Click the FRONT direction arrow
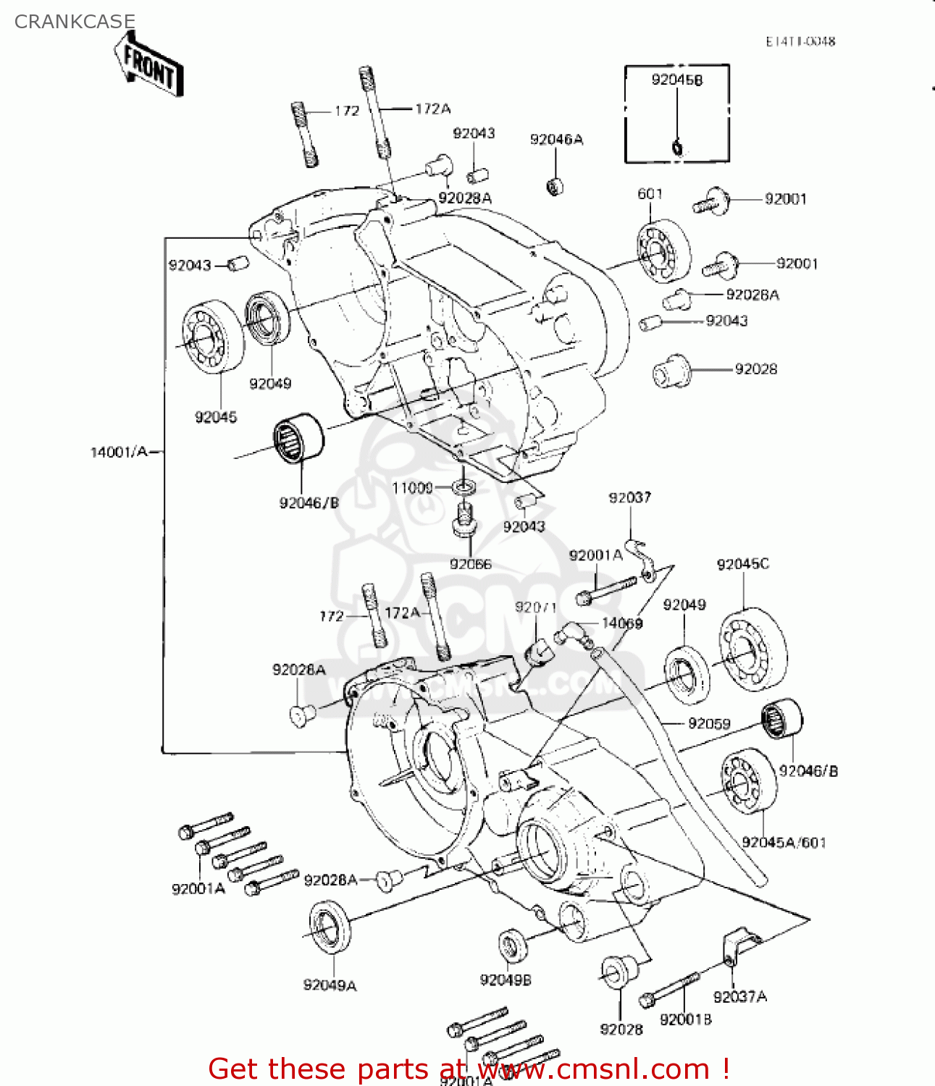point(148,67)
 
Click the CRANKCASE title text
point(75,22)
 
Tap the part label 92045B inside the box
point(676,80)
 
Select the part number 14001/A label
point(118,452)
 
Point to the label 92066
point(470,564)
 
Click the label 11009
point(412,488)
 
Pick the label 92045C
point(742,564)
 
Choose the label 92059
point(709,723)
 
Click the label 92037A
point(739,997)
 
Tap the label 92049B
point(506,980)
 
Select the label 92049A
point(330,985)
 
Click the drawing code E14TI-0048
point(800,41)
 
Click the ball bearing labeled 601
point(663,253)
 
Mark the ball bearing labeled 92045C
point(752,649)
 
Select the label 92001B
point(685,1019)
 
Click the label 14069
point(622,623)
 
